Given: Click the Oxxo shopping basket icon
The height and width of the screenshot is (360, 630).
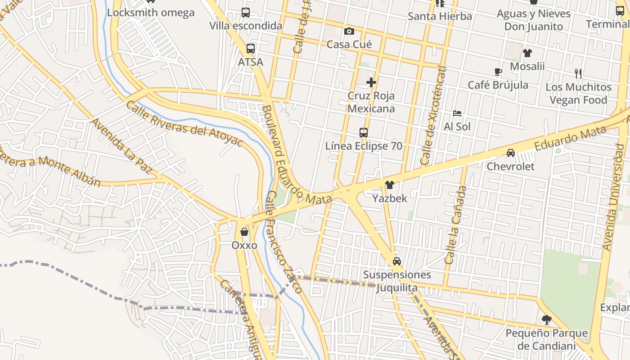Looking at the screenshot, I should coord(244,232).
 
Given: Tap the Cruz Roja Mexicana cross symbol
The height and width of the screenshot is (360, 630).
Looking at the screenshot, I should coord(371,82).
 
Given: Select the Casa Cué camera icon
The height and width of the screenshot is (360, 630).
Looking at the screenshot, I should coord(349,31).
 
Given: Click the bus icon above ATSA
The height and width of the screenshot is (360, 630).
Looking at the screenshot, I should coord(251,49).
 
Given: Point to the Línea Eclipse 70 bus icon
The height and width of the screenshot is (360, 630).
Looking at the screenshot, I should coord(364,133).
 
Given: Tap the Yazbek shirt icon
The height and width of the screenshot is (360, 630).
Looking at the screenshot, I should coord(390,184).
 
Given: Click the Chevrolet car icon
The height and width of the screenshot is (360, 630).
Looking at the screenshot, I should coord(511,153).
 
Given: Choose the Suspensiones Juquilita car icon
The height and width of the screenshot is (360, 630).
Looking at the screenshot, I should coord(397,261).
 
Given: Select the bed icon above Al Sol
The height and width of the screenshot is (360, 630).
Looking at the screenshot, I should coord(457,113).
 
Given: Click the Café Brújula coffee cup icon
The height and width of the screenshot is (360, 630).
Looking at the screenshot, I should coord(498,72).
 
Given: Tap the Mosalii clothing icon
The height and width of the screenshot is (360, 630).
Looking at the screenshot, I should coord(527,53).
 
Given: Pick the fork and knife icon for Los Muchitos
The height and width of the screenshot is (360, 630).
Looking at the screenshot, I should coord(578,73).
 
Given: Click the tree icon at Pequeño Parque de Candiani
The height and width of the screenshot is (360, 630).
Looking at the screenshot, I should coord(547,320).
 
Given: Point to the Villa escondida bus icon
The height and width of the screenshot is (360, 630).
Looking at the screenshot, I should coord(246,13).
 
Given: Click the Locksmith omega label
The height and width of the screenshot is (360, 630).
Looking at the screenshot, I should coord(151,12).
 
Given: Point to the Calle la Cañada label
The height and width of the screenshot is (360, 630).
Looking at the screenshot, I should coord(455,225).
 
